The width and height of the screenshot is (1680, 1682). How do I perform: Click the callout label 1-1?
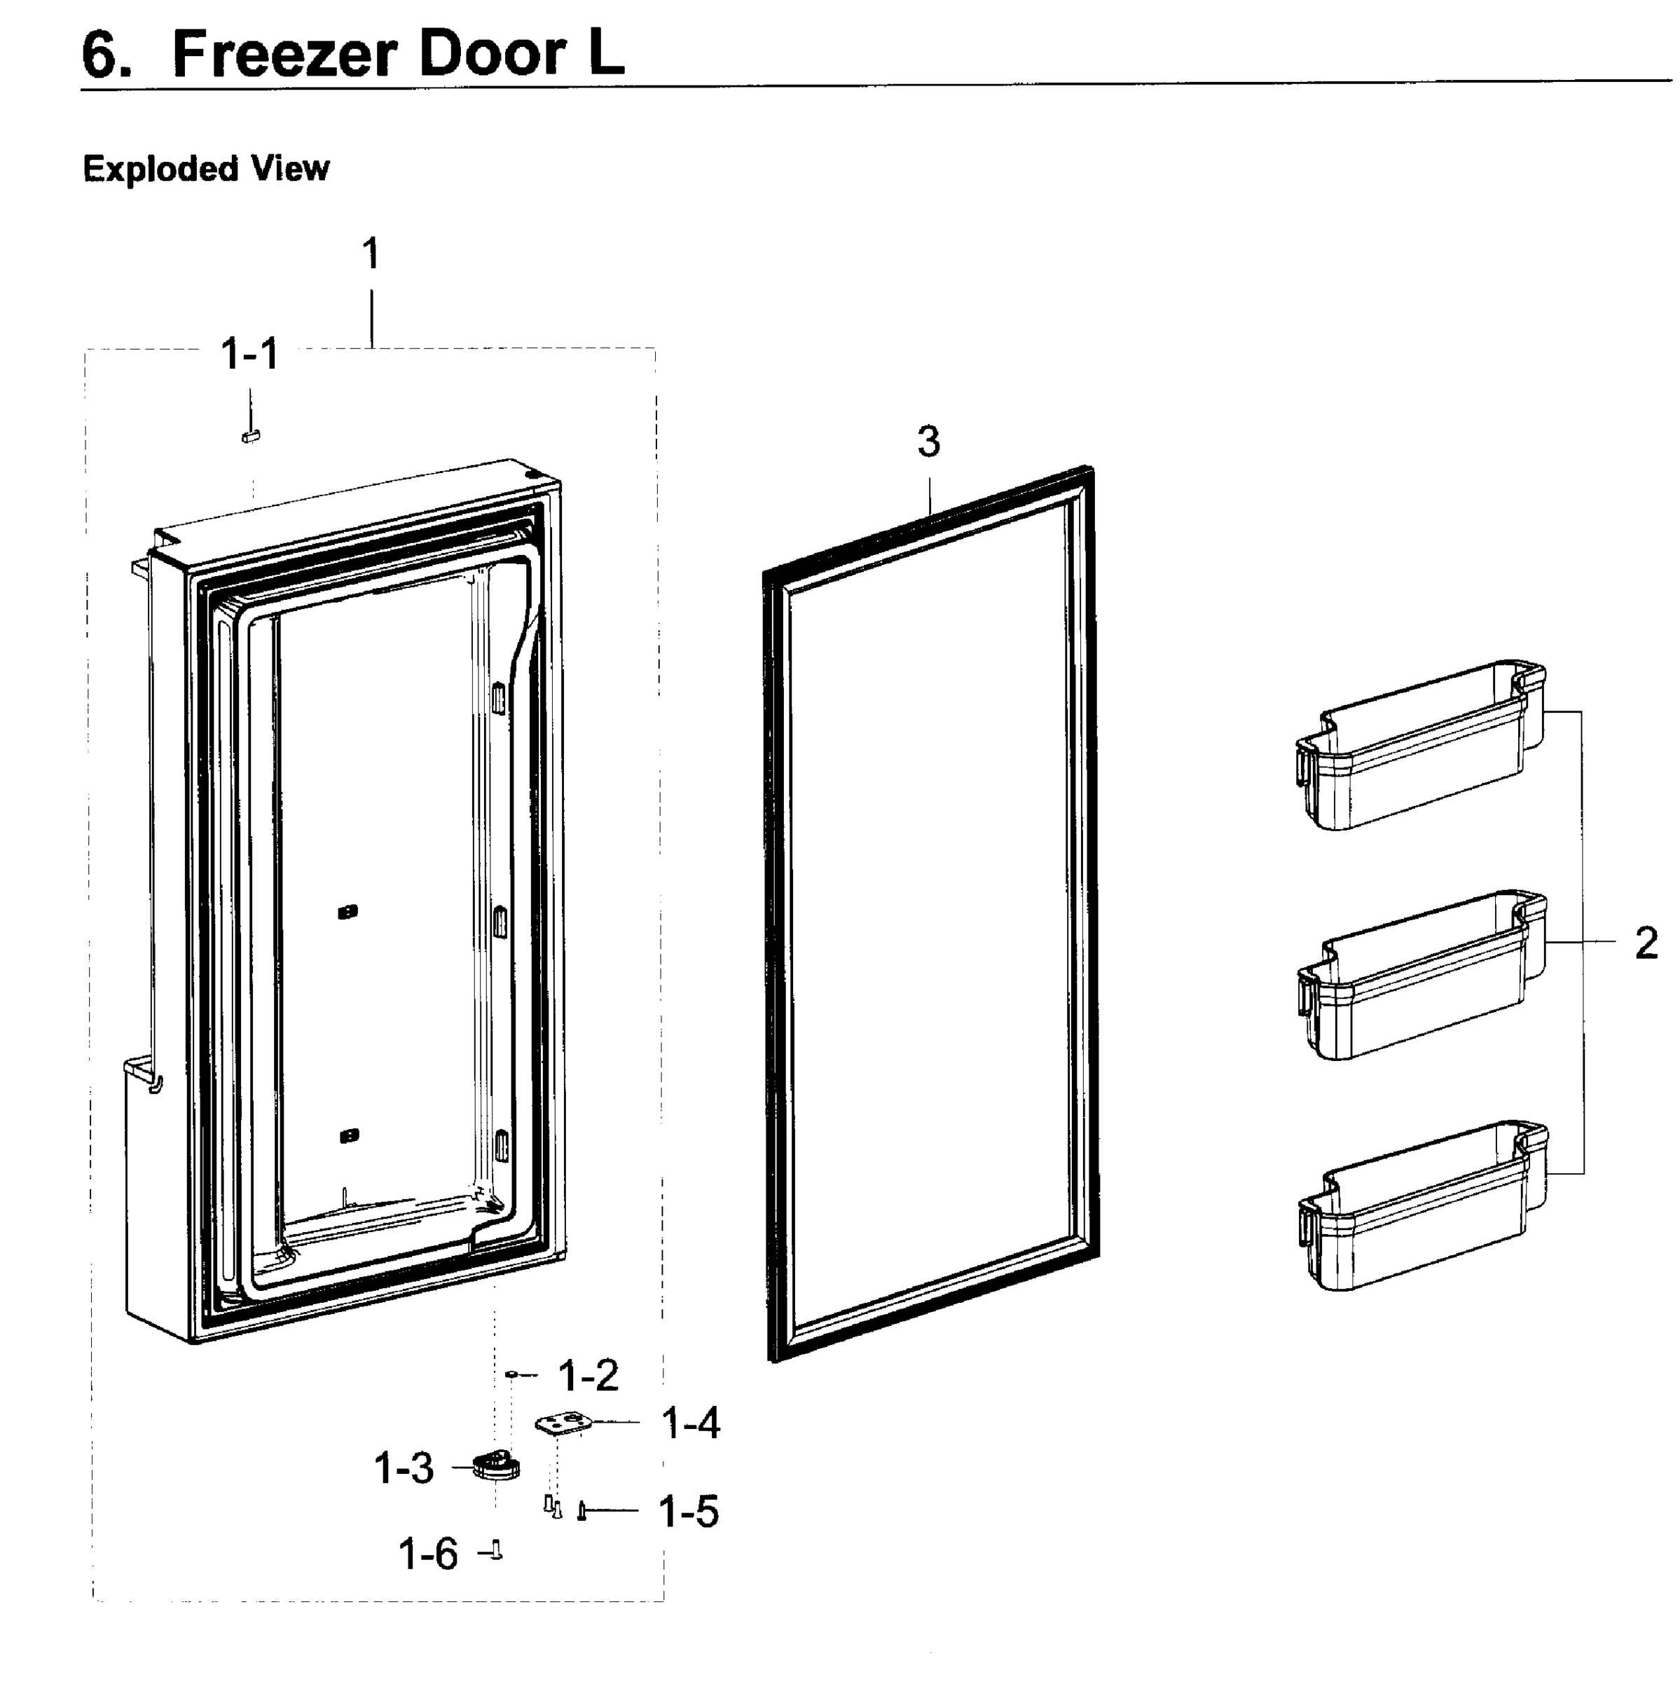coord(250,355)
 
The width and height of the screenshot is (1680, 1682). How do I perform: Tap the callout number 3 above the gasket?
coord(929,442)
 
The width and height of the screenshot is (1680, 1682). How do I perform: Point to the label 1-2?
coord(588,1376)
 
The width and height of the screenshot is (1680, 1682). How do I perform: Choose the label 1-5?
coord(689,1512)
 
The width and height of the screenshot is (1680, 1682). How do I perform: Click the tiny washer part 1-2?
coord(512,1374)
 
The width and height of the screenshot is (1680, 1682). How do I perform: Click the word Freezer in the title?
coord(283,54)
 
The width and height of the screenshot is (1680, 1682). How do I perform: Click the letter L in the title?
coord(606,54)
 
